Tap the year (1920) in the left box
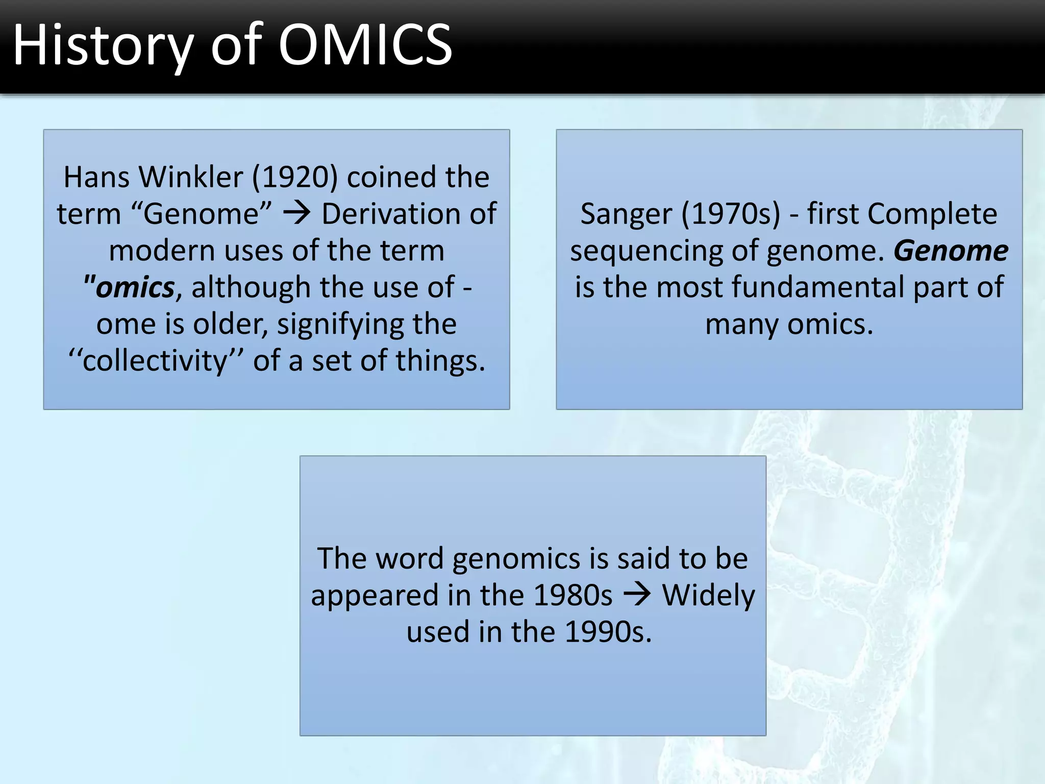click(x=295, y=177)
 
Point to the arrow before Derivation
click(x=297, y=213)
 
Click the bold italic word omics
click(x=135, y=287)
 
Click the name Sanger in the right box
click(x=626, y=214)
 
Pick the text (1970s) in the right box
click(x=731, y=214)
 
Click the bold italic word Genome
click(x=951, y=251)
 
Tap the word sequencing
click(x=646, y=252)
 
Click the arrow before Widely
click(x=637, y=594)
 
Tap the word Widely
click(x=708, y=595)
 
